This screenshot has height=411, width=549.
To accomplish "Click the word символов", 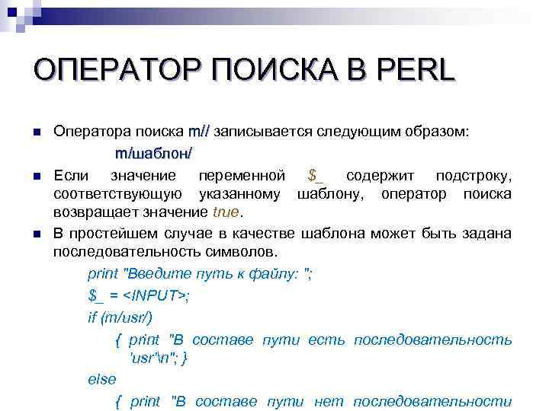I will [244, 251].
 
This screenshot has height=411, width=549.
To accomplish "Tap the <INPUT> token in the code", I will [156, 296].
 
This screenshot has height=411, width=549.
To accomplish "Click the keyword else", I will [102, 379].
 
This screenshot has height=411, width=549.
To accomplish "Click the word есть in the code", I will [320, 339].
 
